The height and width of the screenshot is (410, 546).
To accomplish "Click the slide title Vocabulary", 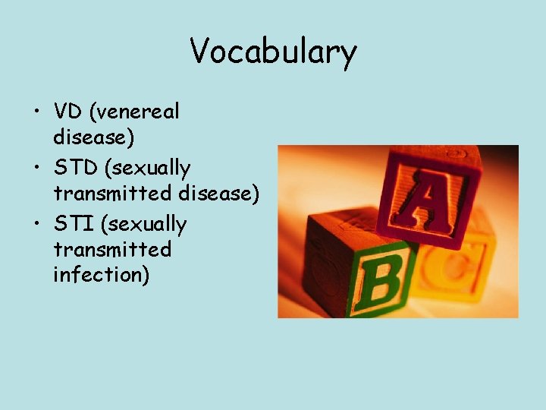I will click(x=273, y=52).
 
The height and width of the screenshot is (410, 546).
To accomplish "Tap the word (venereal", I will click(x=135, y=112).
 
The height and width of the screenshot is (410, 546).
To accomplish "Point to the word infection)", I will click(x=101, y=275).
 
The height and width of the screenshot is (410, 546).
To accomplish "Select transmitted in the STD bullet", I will click(x=112, y=194).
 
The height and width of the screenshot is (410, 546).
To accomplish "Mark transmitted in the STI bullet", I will click(x=112, y=250).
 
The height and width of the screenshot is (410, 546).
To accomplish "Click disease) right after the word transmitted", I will click(x=219, y=194).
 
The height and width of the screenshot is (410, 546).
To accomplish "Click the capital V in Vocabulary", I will click(x=199, y=51).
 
